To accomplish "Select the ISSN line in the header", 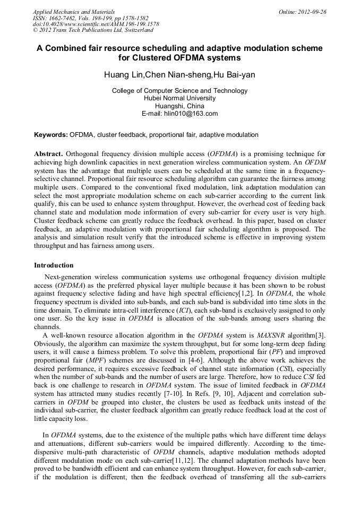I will click(x=91, y=18).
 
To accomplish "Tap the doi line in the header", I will click(x=96, y=24).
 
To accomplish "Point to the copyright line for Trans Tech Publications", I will click(x=93, y=30).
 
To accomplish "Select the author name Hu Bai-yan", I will click(x=234, y=75).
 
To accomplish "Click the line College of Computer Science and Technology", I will click(x=179, y=91).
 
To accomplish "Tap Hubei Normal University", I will click(x=179, y=98).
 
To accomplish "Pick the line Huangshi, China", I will click(x=179, y=106).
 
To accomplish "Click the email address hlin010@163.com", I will click(x=191, y=114).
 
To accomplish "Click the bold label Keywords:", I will click(x=51, y=135).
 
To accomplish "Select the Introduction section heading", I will click(x=54, y=265).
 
